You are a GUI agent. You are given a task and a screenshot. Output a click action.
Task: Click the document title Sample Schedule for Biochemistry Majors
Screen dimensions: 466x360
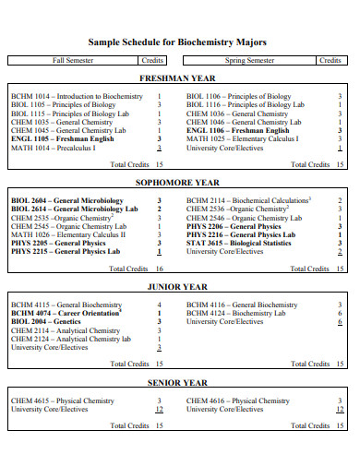tap(179, 42)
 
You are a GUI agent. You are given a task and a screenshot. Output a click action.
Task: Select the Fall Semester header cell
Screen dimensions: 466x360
tap(74, 60)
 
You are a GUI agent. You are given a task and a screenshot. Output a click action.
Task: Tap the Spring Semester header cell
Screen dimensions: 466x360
tap(249, 60)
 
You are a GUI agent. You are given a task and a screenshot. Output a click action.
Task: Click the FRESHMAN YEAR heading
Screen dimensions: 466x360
tap(179, 78)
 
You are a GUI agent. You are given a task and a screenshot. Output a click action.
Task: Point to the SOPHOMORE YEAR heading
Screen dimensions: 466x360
tap(179, 183)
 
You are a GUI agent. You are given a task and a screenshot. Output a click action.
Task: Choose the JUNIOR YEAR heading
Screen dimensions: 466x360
tap(179, 287)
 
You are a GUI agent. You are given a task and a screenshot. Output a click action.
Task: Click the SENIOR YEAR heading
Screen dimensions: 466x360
tap(179, 382)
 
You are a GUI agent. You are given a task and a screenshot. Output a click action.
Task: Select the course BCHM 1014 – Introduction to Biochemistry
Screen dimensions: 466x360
tap(77, 96)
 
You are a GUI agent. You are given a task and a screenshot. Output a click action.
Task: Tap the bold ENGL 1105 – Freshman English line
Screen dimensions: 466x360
tap(62, 138)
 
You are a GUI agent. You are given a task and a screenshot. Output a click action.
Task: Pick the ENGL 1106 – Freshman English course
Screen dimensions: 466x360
tap(237, 130)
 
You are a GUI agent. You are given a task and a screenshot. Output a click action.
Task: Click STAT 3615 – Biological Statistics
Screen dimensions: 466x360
tap(244, 243)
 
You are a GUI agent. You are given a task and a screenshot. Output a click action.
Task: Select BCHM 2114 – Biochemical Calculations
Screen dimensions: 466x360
tap(248, 200)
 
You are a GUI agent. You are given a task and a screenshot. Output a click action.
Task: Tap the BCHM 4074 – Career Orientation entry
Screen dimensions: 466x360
tap(66, 313)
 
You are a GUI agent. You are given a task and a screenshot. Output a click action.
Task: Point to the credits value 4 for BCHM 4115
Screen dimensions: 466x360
tap(160, 305)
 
